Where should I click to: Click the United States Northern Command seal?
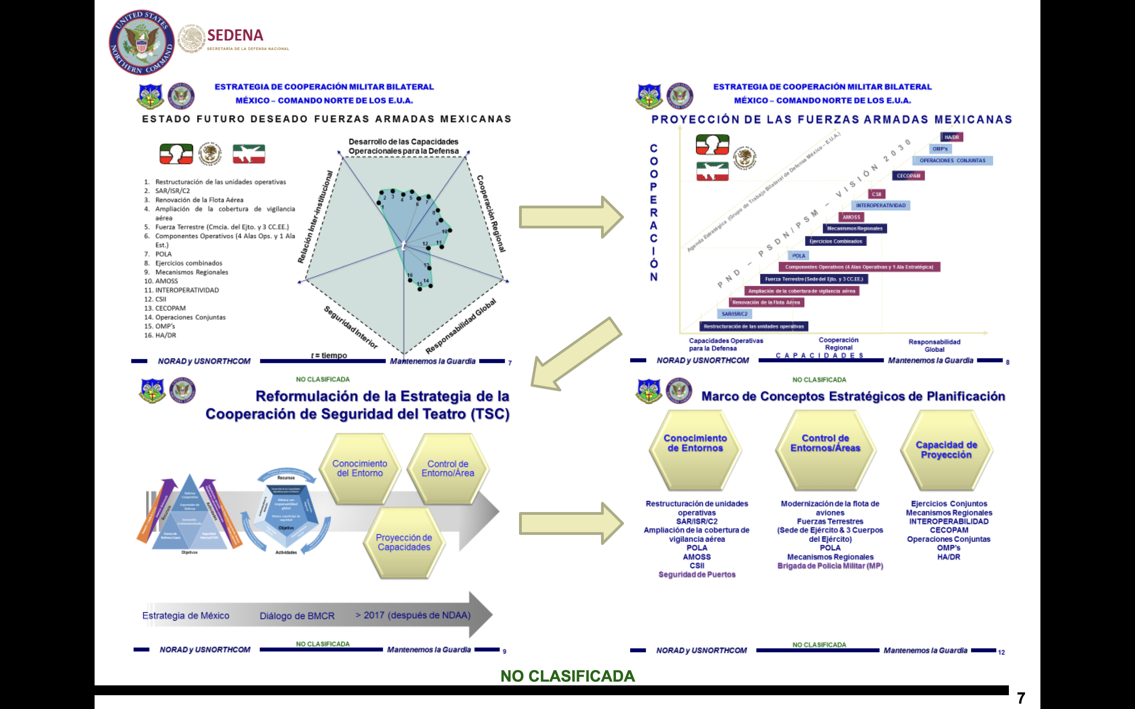coord(141,42)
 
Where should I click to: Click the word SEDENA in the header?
coord(235,35)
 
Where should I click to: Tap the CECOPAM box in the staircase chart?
coord(908,176)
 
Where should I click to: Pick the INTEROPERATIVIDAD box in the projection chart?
coord(880,205)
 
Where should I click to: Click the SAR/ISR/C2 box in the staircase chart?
coord(735,314)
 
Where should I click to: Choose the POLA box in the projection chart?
coord(798,256)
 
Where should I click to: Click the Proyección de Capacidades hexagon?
coord(404,542)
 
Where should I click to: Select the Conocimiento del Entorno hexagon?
coord(360,468)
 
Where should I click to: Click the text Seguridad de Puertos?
coord(696,574)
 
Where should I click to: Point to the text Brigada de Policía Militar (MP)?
coord(830,566)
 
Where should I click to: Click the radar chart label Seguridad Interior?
coord(350,327)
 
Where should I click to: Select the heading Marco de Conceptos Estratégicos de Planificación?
coord(853,396)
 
